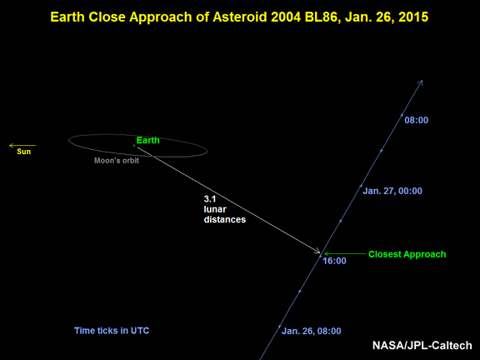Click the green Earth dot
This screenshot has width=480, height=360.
coord(134,146)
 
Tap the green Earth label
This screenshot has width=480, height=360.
coord(148,140)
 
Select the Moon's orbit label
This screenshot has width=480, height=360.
coord(117,160)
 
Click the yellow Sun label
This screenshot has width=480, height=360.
coord(24,152)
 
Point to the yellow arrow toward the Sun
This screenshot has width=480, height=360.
coord(22,145)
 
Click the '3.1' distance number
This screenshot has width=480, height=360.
coord(210,199)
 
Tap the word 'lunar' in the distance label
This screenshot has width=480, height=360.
coord(215,209)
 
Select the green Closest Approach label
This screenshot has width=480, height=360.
coord(407,254)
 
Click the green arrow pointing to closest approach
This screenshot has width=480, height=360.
coord(345,254)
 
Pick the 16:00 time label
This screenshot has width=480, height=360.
coord(335,261)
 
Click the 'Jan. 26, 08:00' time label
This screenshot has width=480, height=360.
coord(312,331)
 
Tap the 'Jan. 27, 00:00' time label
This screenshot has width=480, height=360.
coord(392,191)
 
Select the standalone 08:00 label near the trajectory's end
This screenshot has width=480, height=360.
coord(417,120)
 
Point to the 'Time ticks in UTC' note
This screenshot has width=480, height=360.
coord(112,331)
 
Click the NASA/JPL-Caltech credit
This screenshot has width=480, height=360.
coord(422,345)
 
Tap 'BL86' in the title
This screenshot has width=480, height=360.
coord(322,17)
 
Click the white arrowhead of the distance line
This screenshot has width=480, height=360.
coord(317,251)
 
